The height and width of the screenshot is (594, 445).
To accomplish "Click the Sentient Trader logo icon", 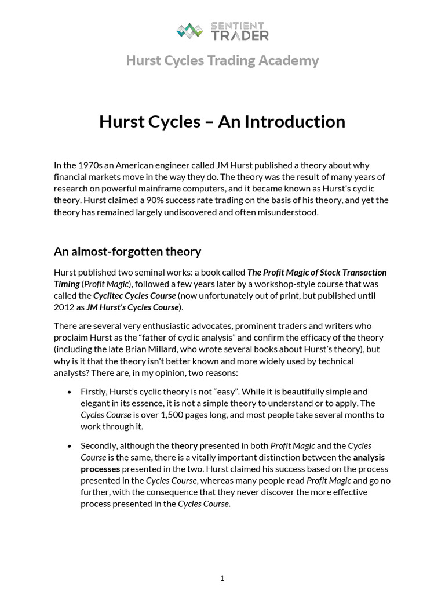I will pos(189,30).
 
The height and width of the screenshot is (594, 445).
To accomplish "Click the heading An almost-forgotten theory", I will pos(127,251).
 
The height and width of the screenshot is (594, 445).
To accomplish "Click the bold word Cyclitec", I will pos(108,295).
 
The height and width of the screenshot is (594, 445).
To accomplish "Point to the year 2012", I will pos(64,307).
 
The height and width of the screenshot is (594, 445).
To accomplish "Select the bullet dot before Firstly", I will pos(70,392).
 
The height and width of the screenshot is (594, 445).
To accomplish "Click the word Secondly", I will pos(100,445).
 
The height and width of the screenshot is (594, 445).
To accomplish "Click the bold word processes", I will pos(100,469).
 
